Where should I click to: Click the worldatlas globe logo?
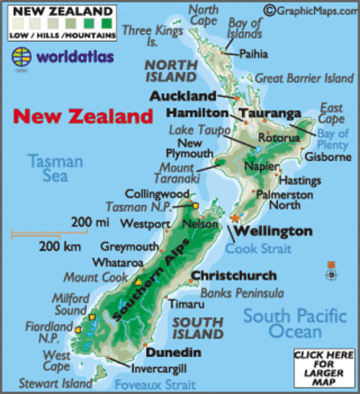point(22,57)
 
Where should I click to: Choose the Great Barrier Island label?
point(303,79)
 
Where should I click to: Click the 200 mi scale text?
point(89,221)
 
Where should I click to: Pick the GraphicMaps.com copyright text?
point(312,11)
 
